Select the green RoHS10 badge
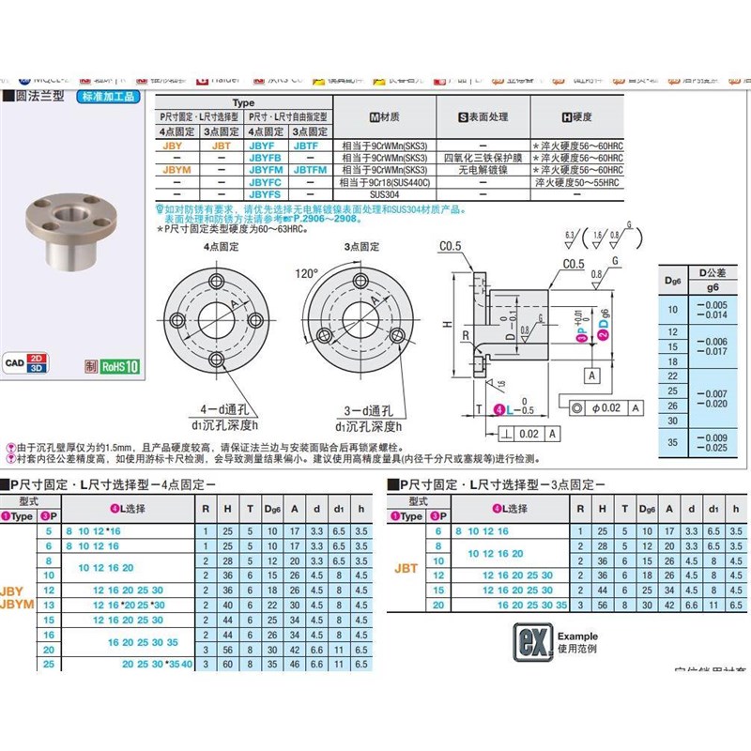(x=121, y=366)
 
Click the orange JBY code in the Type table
(x=173, y=146)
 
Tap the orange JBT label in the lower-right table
(x=406, y=567)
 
